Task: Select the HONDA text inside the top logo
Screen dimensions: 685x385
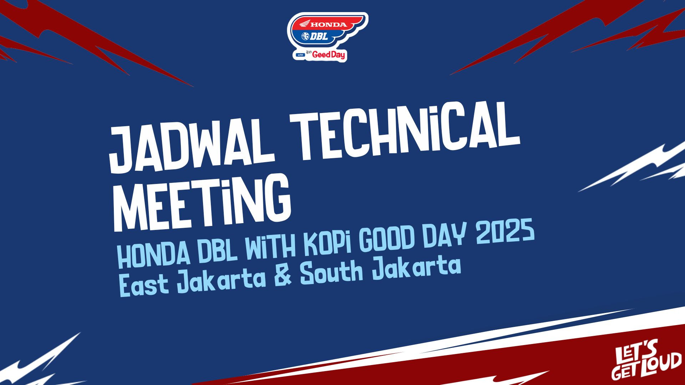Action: pyautogui.click(x=328, y=25)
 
